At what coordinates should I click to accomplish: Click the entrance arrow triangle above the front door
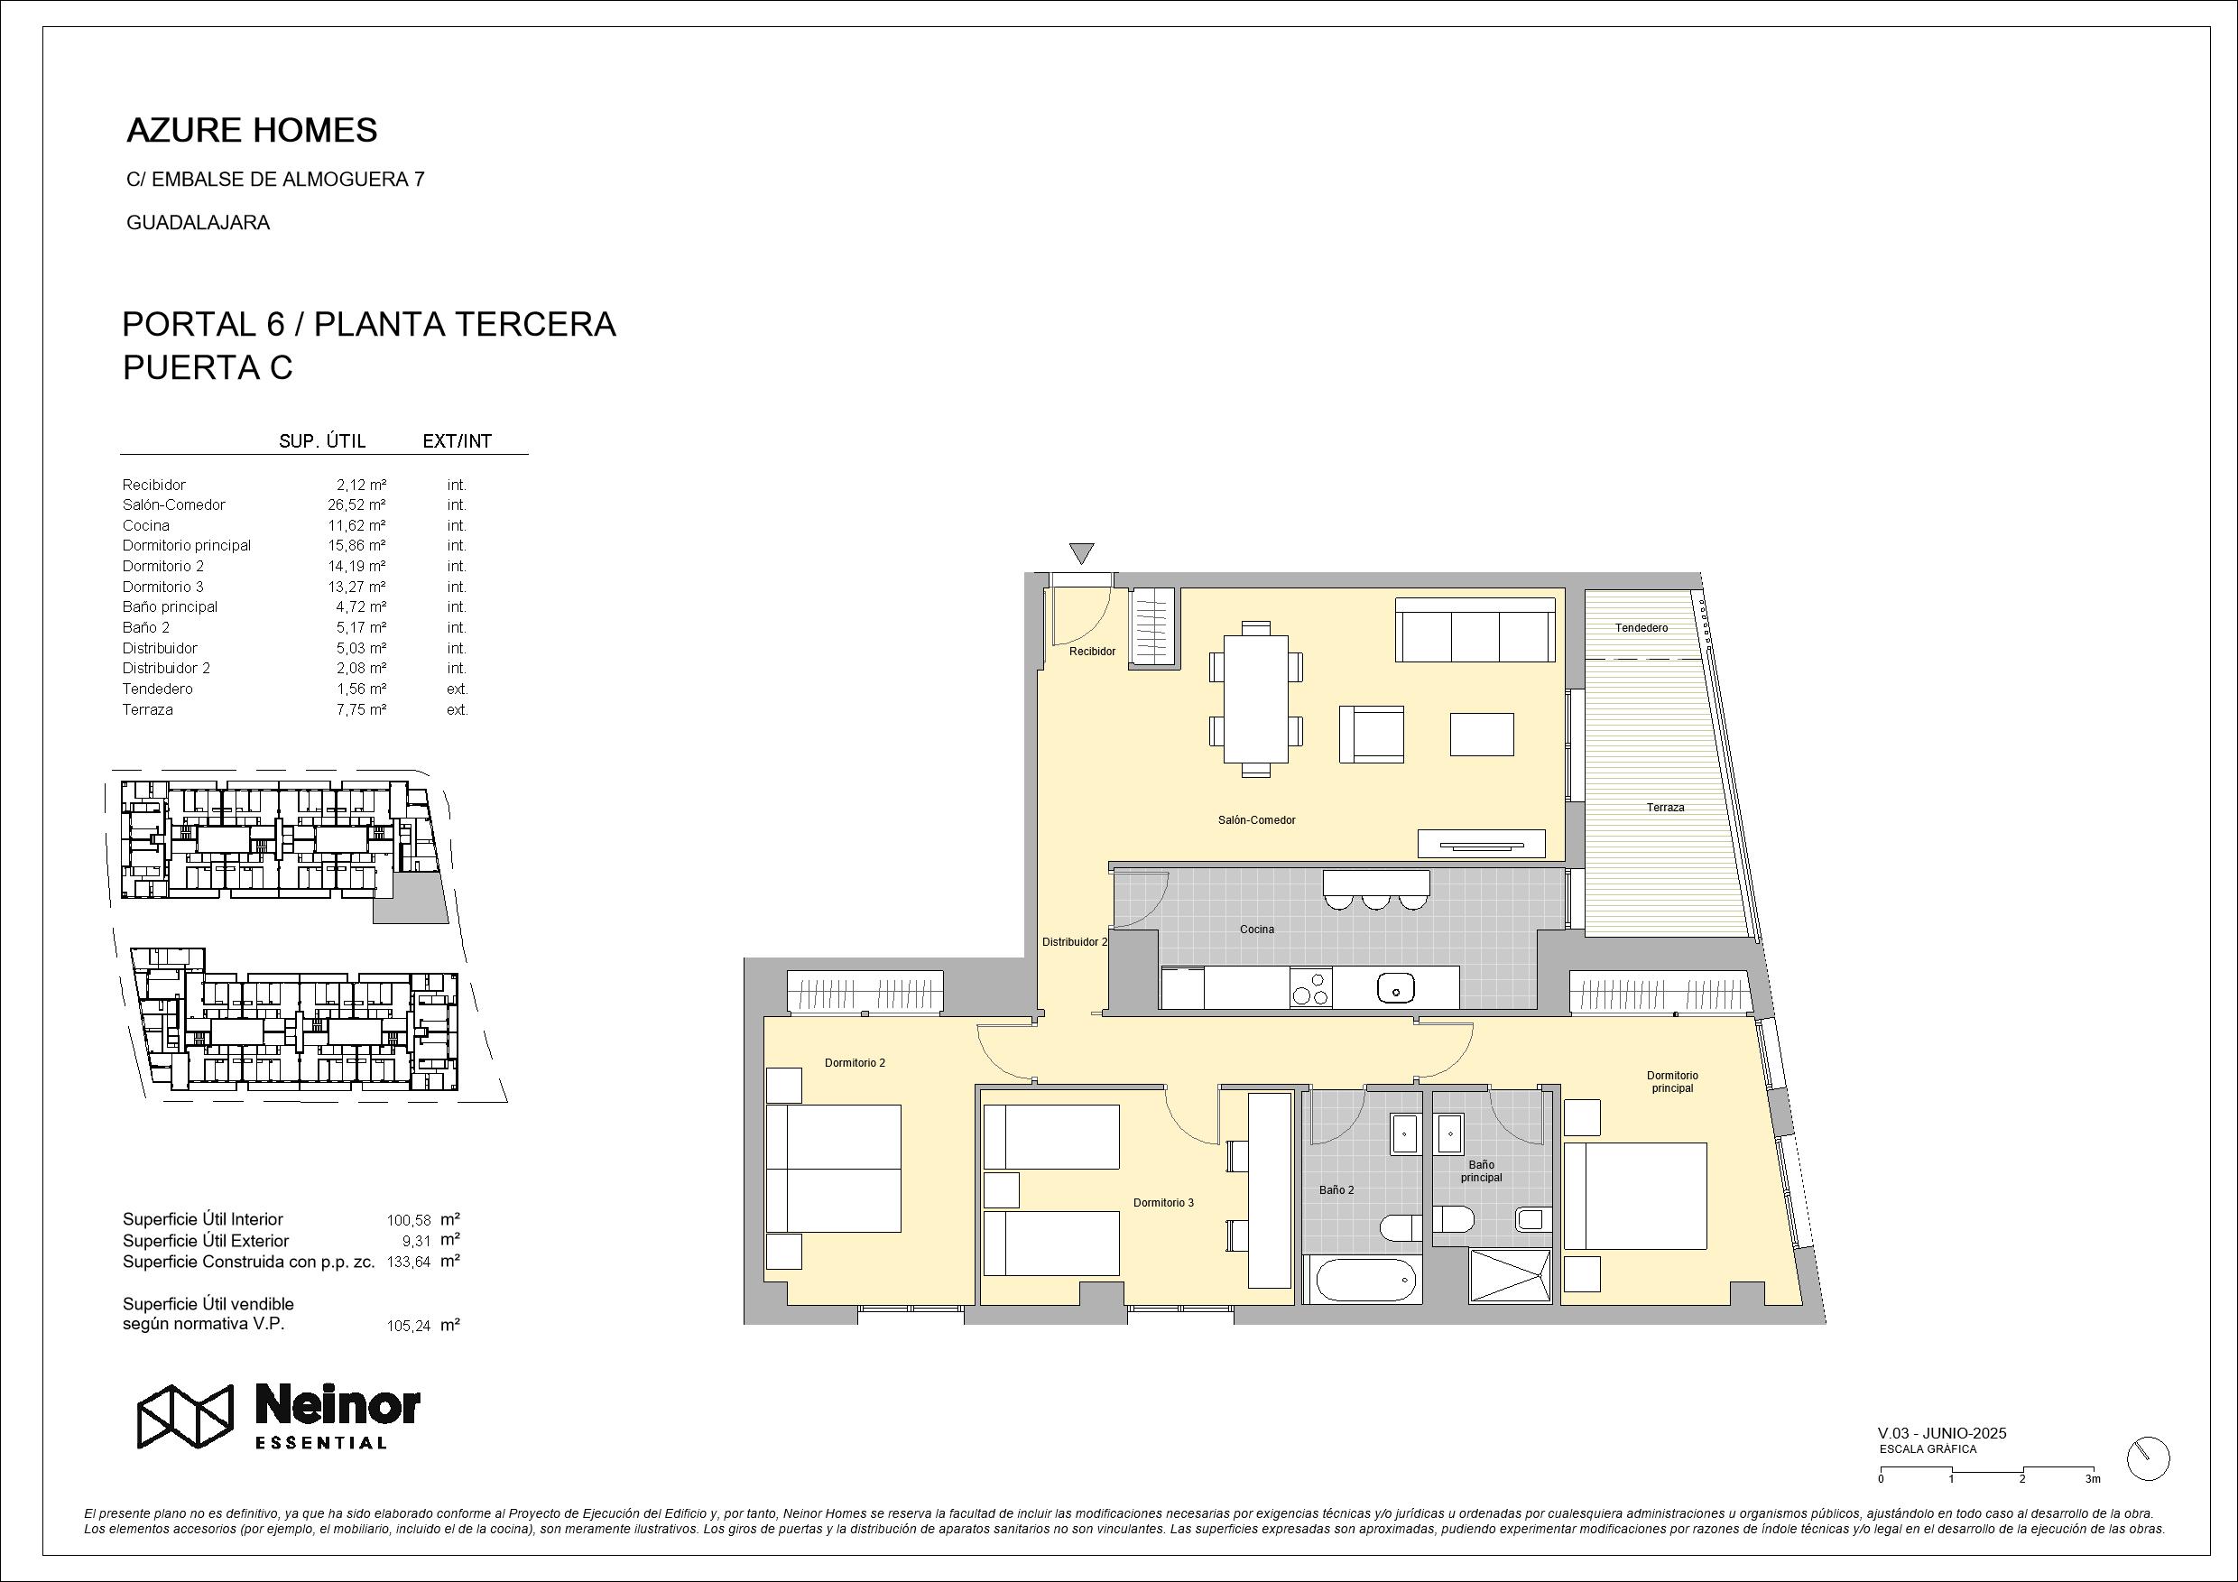coord(1081,553)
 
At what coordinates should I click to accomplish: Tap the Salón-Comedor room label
coord(1256,820)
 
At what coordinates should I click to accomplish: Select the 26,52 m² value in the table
coord(356,504)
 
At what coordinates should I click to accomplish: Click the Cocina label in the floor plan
coord(1256,929)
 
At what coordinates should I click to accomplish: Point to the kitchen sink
coord(1396,988)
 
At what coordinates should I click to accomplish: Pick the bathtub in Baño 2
coord(1364,1279)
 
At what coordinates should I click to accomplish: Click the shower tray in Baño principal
coord(1510,1275)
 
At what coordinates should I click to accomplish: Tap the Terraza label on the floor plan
coord(1665,807)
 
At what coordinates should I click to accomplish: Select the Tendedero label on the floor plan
coord(1642,628)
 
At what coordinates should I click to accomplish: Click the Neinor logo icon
coord(185,1415)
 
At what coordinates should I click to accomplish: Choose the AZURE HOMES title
coord(253,131)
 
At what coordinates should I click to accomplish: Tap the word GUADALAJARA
coord(198,222)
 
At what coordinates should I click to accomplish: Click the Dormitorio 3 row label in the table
coord(162,587)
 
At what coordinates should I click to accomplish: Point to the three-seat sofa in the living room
coord(1475,630)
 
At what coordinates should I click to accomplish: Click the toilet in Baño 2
coord(1402,1228)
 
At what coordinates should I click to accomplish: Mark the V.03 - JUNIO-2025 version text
coord(1942,1433)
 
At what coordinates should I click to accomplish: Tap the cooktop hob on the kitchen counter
coord(1311,987)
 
